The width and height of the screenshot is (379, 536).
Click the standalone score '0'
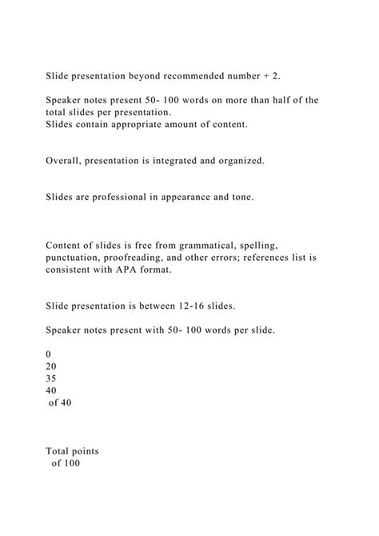50,354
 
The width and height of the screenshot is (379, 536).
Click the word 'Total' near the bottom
62,451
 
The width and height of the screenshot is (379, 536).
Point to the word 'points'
98,451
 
